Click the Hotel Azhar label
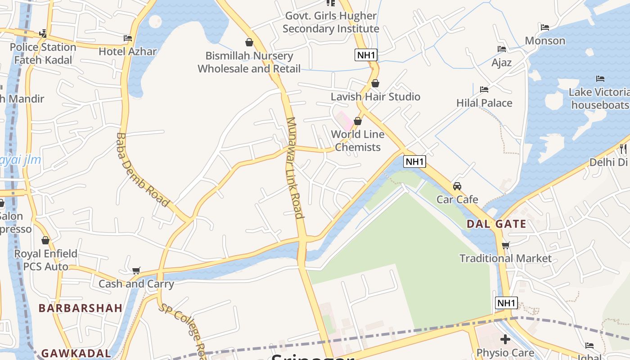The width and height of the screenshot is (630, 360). pyautogui.click(x=127, y=51)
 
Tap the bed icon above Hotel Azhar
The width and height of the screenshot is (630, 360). pyautogui.click(x=128, y=39)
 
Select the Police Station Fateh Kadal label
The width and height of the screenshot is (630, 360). pyautogui.click(x=43, y=54)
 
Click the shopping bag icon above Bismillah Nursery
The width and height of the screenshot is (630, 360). pyautogui.click(x=249, y=42)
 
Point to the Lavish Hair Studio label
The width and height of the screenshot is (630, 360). pyautogui.click(x=375, y=97)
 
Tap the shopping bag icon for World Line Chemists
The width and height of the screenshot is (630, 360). pyautogui.click(x=358, y=121)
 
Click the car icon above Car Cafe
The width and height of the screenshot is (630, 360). pyautogui.click(x=457, y=186)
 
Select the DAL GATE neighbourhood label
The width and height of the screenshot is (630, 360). pyautogui.click(x=496, y=224)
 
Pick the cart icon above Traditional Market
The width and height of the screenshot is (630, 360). pyautogui.click(x=505, y=246)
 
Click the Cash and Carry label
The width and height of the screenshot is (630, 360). pyautogui.click(x=136, y=284)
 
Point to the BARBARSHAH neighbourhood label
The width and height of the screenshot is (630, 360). pyautogui.click(x=81, y=308)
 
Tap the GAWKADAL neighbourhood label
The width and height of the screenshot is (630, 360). pyautogui.click(x=76, y=353)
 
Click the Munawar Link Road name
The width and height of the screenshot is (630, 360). pyautogui.click(x=295, y=167)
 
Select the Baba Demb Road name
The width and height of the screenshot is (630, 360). pyautogui.click(x=142, y=170)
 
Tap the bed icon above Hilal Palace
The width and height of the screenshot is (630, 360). pyautogui.click(x=484, y=90)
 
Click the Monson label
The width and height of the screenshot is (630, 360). pyautogui.click(x=545, y=40)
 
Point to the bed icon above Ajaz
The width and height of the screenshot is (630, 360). pyautogui.click(x=502, y=49)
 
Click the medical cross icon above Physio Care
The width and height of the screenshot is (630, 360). pyautogui.click(x=505, y=339)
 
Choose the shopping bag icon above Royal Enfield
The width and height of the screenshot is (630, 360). pyautogui.click(x=45, y=241)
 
